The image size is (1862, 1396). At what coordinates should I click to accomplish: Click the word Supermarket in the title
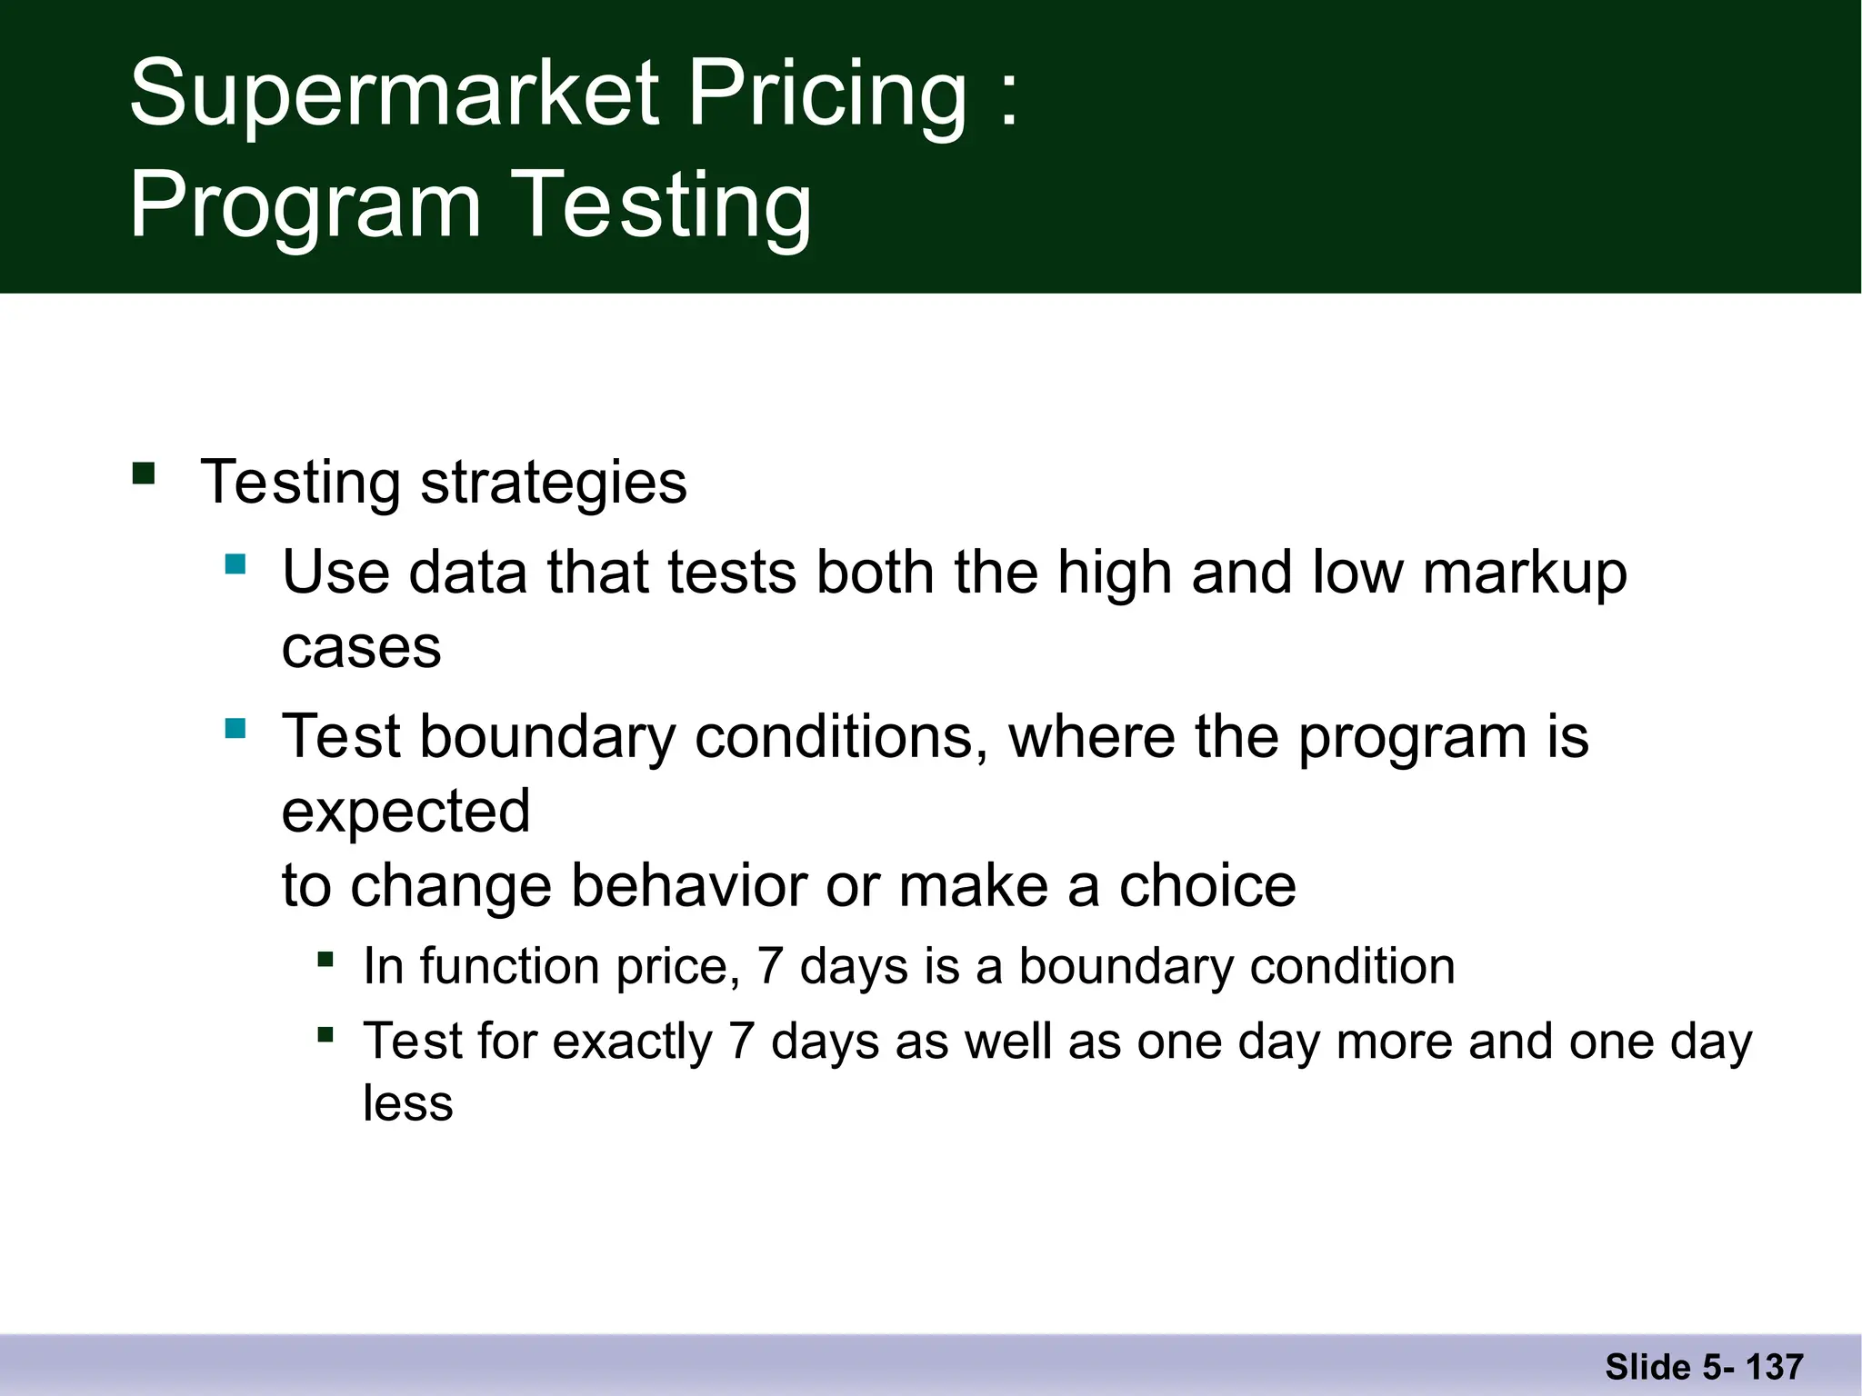[x=394, y=94]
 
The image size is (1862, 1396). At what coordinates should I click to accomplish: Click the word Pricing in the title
[x=827, y=94]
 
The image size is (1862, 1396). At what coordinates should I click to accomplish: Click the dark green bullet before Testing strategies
[x=144, y=474]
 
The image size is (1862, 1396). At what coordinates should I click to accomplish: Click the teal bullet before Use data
[x=235, y=564]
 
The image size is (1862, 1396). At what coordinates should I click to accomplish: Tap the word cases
[x=361, y=648]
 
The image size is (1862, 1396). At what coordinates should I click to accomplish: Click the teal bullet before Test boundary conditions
[x=235, y=728]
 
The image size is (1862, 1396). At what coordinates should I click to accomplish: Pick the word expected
[x=405, y=811]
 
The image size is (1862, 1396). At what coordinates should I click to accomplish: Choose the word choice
[x=1206, y=885]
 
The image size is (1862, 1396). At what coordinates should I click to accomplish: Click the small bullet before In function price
[x=325, y=959]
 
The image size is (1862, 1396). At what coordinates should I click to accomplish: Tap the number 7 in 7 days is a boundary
[x=770, y=965]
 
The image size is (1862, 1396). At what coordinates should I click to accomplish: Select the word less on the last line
[x=407, y=1103]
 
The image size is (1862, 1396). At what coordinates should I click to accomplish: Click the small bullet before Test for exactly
[x=325, y=1034]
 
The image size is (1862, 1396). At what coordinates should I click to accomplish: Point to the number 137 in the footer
[x=1775, y=1367]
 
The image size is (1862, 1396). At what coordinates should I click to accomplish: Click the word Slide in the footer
[x=1647, y=1367]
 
